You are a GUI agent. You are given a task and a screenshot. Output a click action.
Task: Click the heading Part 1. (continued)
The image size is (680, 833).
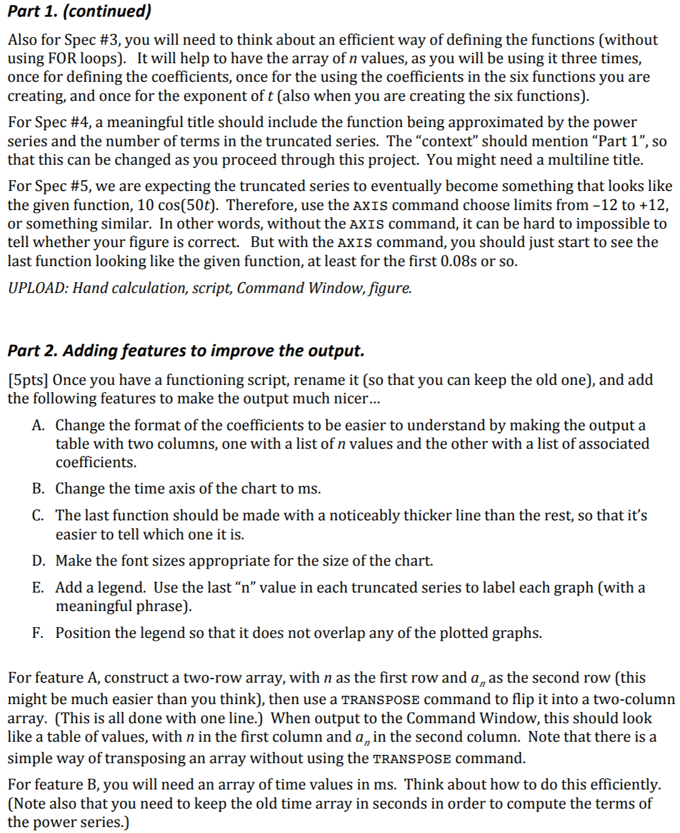coord(79,11)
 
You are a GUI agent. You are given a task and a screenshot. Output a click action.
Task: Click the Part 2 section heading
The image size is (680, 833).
coord(186,350)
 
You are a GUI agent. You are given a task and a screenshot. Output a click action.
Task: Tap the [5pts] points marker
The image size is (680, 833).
coord(30,380)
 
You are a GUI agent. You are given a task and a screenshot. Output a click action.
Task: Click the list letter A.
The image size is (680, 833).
coord(39,425)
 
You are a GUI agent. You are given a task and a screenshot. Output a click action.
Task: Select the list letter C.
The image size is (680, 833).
coord(38,516)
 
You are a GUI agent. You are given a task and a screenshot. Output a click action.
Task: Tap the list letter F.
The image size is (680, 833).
coord(38,633)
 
